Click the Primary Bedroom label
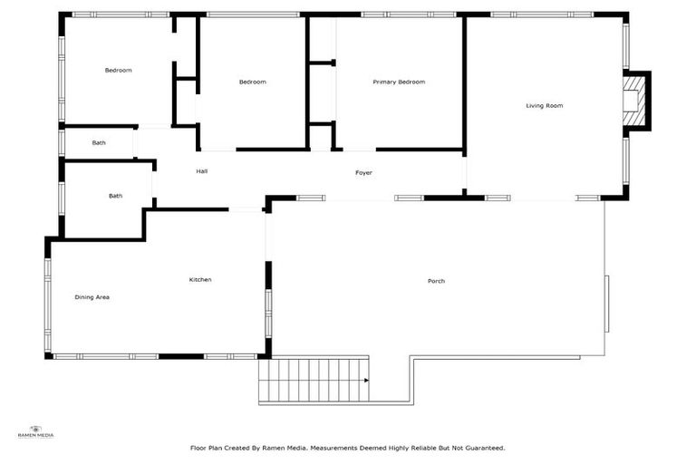[x=399, y=82]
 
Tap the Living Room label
[x=544, y=106]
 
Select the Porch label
[x=436, y=281]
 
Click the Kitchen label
[x=200, y=280]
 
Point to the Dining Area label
[x=92, y=297]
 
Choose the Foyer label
[x=363, y=173]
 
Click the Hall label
[x=202, y=171]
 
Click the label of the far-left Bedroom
[x=118, y=71]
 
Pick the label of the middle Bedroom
[x=252, y=82]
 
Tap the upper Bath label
[x=99, y=143]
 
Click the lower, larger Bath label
[x=115, y=196]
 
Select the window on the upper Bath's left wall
[x=62, y=143]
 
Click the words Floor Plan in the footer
[x=207, y=448]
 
